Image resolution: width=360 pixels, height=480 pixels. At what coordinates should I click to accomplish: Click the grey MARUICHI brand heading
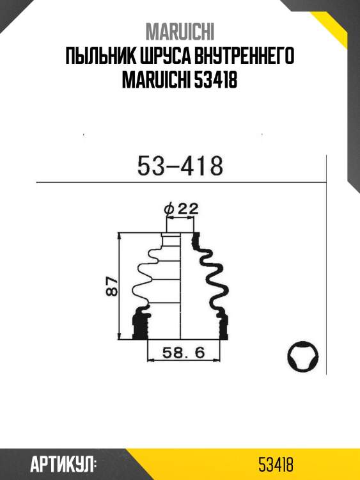(180, 31)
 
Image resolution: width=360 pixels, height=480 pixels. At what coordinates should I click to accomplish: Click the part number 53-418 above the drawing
(180, 166)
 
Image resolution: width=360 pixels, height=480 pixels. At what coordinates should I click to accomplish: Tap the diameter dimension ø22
(181, 209)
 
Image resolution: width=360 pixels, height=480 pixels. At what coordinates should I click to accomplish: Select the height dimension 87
(111, 286)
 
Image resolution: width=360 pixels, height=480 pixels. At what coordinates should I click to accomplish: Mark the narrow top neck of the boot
(171, 239)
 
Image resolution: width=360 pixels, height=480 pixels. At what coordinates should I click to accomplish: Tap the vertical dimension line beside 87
(120, 286)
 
